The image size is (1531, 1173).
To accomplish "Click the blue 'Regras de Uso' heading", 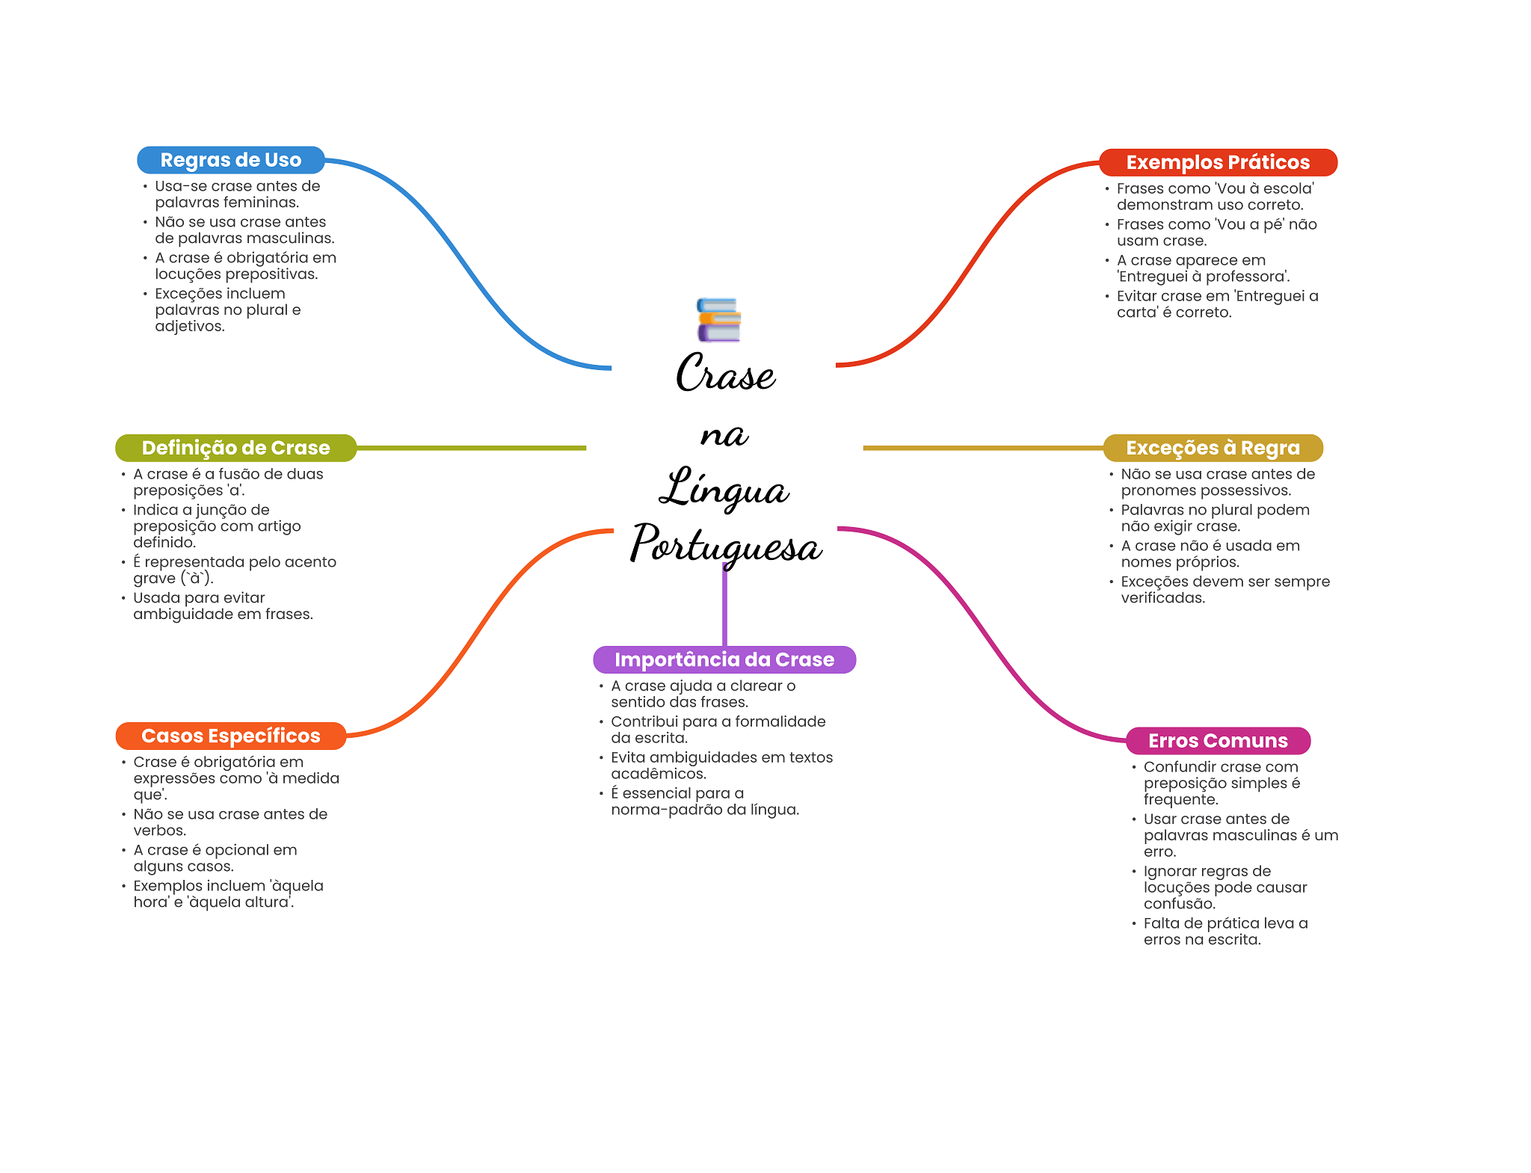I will (230, 160).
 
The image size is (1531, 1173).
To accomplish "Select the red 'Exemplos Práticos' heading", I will (1217, 162).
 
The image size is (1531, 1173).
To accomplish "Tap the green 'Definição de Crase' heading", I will (235, 448).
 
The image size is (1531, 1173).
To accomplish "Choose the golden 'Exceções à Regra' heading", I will (1213, 448).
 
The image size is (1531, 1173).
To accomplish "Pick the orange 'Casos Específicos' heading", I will (230, 736).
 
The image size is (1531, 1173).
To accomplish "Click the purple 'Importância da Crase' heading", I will (724, 659).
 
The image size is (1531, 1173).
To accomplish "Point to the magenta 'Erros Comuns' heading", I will (1218, 741).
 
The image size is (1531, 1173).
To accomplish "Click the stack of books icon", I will (718, 320).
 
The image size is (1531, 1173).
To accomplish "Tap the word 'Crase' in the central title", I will (726, 373).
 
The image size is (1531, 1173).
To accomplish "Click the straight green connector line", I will (471, 448).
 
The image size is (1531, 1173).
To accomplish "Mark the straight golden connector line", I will (982, 448).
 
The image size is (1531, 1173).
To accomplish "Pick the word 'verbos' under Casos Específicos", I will (158, 831).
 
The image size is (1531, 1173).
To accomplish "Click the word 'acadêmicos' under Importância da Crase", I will (657, 774).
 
